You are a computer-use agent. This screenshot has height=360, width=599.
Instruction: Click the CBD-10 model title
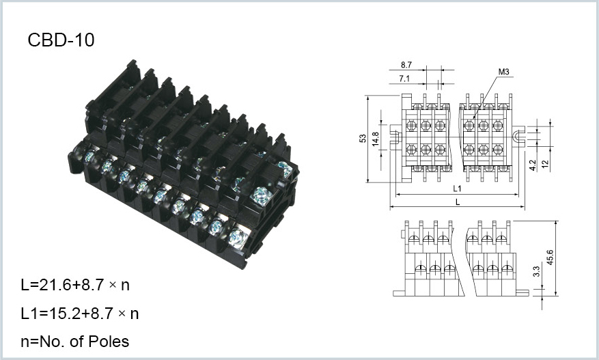coord(61,40)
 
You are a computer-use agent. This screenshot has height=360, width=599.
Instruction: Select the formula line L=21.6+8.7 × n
coord(75,285)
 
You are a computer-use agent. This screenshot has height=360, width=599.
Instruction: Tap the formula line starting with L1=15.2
coord(80,314)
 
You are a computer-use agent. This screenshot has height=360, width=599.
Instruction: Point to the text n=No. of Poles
coord(75,342)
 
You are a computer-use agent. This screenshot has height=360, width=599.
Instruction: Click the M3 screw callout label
coord(503,72)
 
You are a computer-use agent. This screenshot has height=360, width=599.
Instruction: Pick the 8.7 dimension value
coord(406,65)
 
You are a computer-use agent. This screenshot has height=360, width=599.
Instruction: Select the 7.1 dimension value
coord(404,79)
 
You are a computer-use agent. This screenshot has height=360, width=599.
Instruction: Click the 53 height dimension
coord(363,138)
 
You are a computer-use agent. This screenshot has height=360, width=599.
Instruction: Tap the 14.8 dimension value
coord(376,139)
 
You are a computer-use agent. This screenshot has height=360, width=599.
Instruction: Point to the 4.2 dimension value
coord(533,165)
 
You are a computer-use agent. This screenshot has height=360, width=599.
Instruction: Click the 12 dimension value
coord(546,163)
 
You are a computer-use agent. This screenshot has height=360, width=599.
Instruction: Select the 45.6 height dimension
coord(550,258)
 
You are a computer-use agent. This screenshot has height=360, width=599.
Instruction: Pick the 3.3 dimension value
coord(536,271)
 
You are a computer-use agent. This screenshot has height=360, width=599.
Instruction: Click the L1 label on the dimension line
coord(457,189)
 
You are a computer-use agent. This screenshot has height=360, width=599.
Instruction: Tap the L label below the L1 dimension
coord(458,202)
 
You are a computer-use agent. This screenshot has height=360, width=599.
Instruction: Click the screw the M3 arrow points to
coord(469,125)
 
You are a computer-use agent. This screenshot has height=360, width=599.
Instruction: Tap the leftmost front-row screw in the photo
coord(89,156)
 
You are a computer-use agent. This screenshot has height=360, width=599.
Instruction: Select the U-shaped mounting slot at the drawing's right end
coord(518,137)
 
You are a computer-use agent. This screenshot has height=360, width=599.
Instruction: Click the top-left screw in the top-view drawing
coord(411,125)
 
